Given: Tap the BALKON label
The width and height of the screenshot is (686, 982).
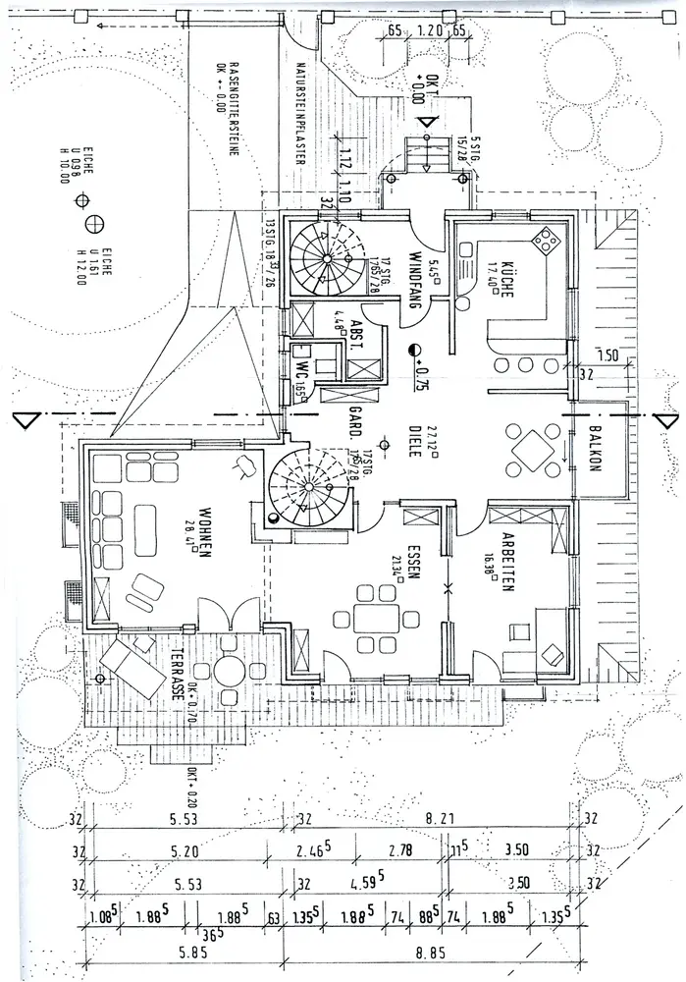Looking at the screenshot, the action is (x=593, y=450).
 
